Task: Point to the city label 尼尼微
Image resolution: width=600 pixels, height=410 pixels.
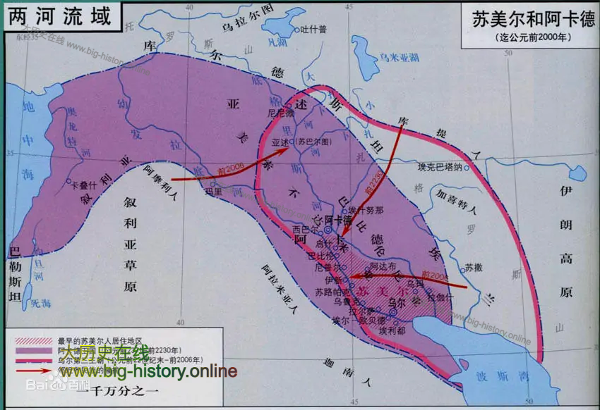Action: click(x=280, y=112)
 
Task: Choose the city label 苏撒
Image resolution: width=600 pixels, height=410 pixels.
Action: click(x=474, y=268)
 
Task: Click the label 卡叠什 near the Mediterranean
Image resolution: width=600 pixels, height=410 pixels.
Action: click(x=85, y=186)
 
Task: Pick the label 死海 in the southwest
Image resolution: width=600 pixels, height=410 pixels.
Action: click(x=42, y=303)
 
